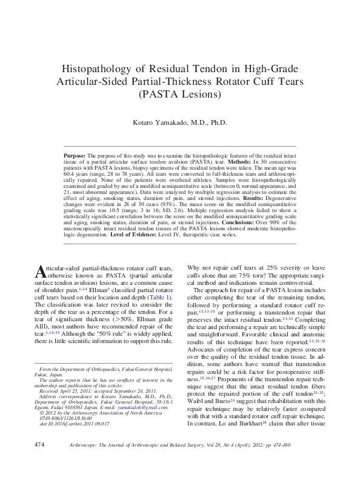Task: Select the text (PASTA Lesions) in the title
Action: (x=180, y=95)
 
